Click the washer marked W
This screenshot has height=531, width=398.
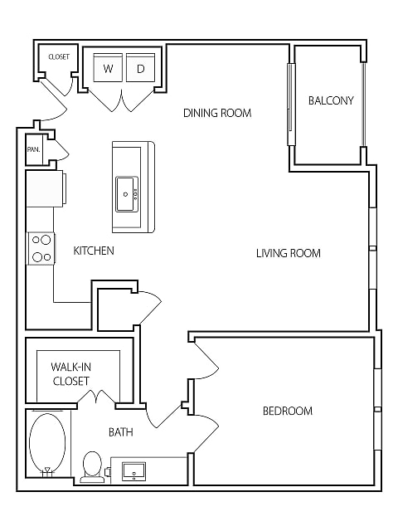[x=108, y=67]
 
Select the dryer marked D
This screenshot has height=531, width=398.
[x=140, y=67]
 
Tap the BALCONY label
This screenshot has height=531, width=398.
[x=331, y=100]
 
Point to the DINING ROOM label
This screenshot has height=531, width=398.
[x=217, y=113]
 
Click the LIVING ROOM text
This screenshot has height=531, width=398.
[x=289, y=253]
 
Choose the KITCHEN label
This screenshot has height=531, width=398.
[x=94, y=251]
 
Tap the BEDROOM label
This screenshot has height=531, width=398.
[x=288, y=411]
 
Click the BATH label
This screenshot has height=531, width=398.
[x=121, y=432]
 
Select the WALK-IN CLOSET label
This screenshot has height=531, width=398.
[x=71, y=374]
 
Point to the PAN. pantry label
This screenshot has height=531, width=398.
[x=34, y=149]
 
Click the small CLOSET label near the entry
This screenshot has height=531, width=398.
[x=59, y=57]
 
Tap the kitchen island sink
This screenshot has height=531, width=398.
[x=127, y=194]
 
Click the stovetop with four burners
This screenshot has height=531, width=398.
[x=41, y=249]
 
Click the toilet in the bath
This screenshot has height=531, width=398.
[x=92, y=466]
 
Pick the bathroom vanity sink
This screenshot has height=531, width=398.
[x=134, y=471]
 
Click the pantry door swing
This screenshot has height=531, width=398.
[x=62, y=149]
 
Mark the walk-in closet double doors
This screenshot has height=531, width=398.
[x=97, y=397]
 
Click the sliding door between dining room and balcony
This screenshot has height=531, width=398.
[x=290, y=104]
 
